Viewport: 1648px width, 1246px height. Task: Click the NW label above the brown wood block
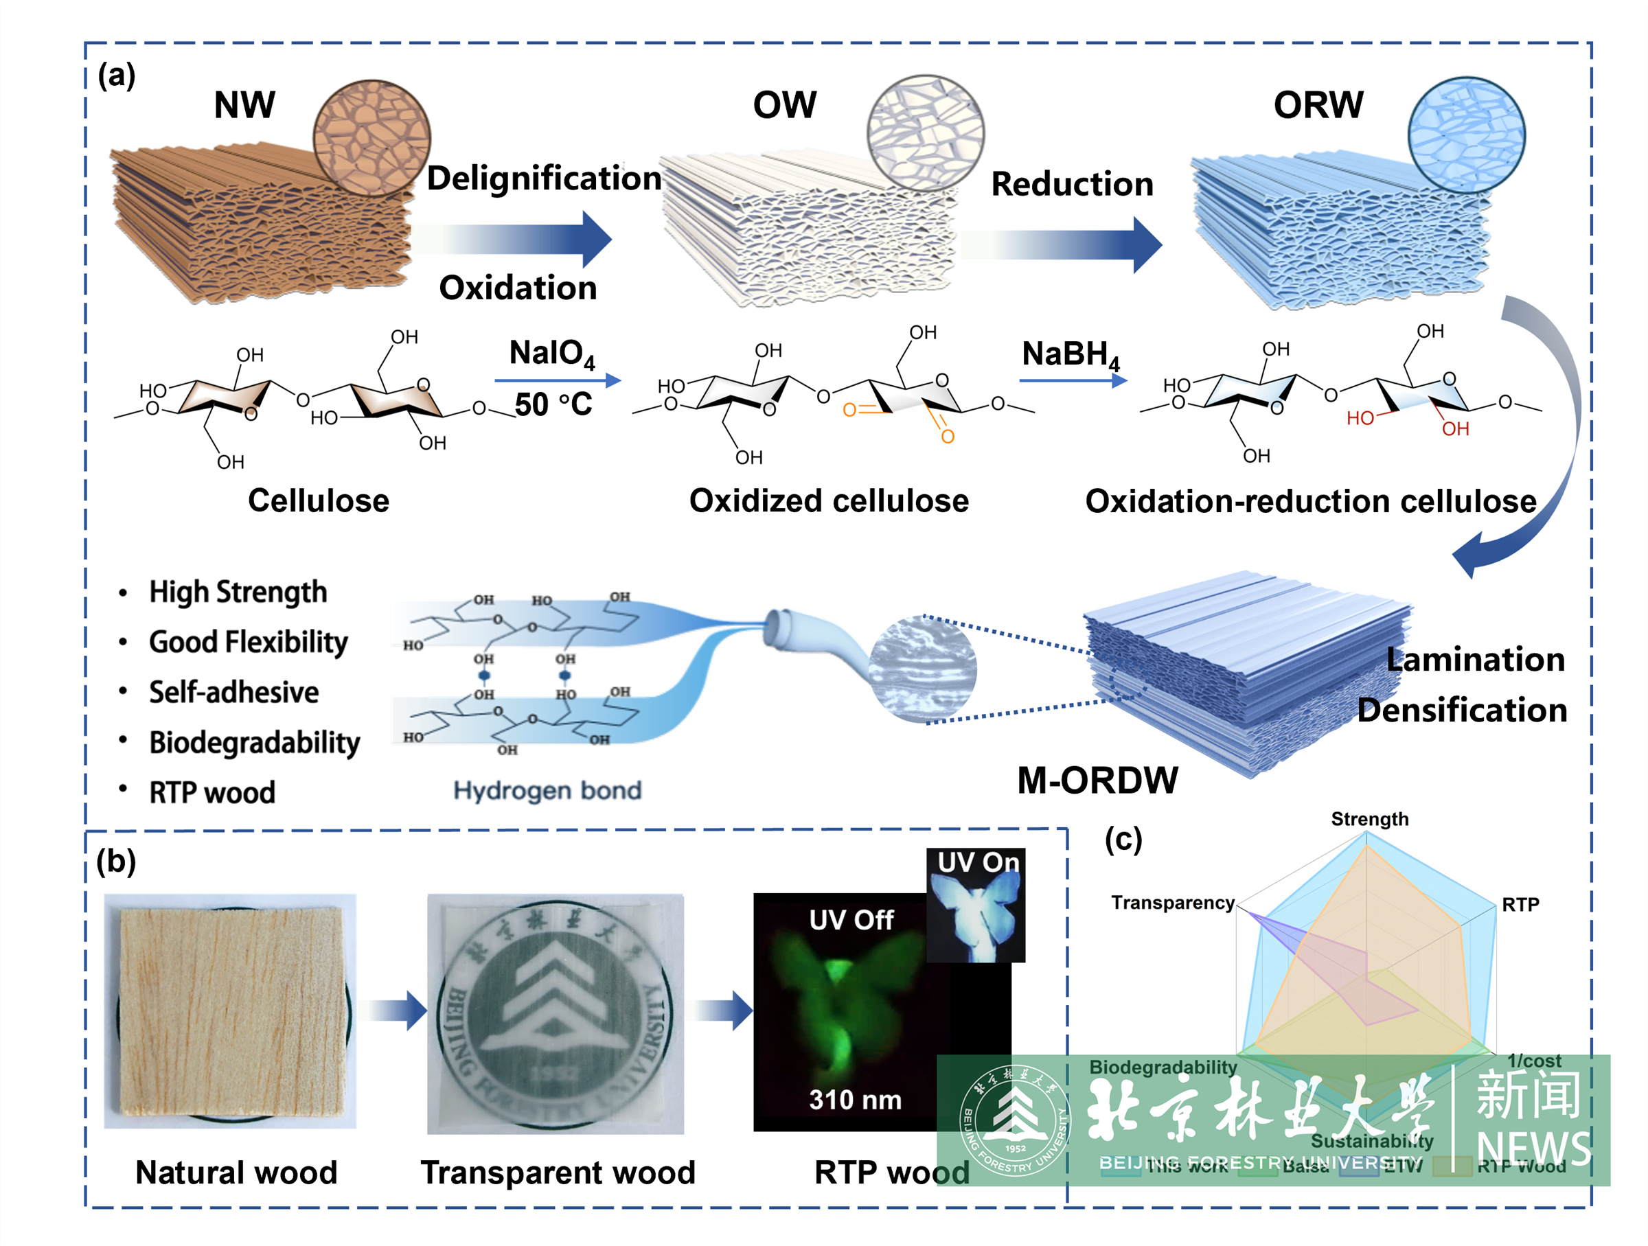(x=244, y=105)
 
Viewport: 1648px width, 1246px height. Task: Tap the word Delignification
(x=544, y=178)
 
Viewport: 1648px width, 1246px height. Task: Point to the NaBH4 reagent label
(x=1071, y=354)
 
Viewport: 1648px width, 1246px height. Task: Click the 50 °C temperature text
(x=553, y=404)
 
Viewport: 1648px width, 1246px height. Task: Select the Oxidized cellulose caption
(x=829, y=500)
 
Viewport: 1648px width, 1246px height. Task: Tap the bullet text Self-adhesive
(x=233, y=692)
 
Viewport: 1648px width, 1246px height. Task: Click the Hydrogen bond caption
(x=547, y=790)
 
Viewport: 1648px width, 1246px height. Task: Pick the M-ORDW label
(x=1097, y=781)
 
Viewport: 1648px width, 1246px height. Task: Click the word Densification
(x=1462, y=710)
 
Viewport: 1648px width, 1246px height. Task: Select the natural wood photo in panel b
(x=230, y=1011)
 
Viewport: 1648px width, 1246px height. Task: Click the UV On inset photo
(x=975, y=905)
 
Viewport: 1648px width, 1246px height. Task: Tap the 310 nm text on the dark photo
(x=856, y=1099)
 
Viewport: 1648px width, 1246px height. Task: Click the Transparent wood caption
(x=558, y=1173)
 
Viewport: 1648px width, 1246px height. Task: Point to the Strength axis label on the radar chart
(x=1369, y=819)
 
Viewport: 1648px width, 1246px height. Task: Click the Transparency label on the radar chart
(x=1173, y=903)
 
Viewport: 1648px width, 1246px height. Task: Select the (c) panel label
(x=1123, y=840)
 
